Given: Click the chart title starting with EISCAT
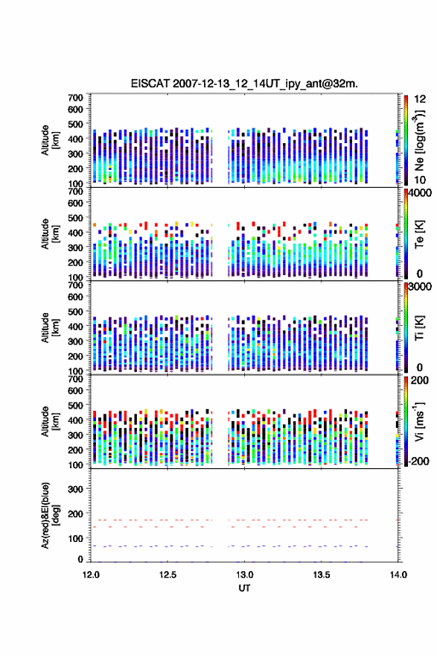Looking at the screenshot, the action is pos(244,83).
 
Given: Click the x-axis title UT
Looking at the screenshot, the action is pos(244,588).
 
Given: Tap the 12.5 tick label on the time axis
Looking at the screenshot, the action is pos(168,575).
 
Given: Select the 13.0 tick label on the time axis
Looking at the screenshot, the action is pos(244,575).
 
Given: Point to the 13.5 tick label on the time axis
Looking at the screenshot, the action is pos(322,575).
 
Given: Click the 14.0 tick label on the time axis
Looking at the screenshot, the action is pos(398,575).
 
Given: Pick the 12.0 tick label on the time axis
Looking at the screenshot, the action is pos(91,575).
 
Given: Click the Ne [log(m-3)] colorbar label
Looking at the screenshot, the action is pos(419,141).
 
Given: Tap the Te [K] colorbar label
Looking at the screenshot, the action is pos(419,234).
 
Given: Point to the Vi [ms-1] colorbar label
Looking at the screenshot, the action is pos(419,421).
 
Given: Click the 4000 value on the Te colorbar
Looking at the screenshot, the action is pos(420,193).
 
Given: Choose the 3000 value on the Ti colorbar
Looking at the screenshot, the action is pos(420,286).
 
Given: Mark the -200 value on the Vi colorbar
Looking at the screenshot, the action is pos(418,461).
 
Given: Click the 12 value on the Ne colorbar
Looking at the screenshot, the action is pos(420,99).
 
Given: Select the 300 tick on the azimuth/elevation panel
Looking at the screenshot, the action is pos(75,489).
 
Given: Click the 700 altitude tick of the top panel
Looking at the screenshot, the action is pos(75,98).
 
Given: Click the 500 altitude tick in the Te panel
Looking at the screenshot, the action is pos(75,218).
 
